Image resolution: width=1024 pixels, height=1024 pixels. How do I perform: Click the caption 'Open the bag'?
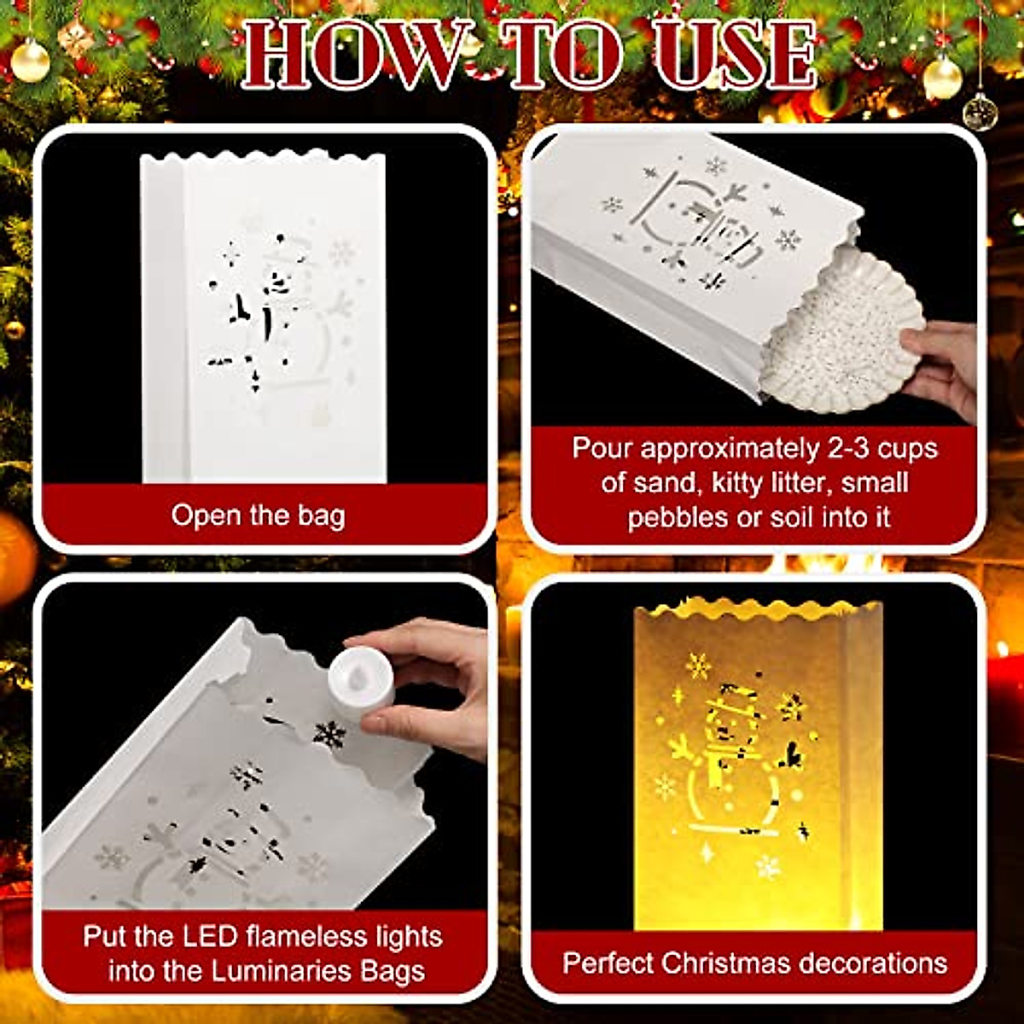pyautogui.click(x=258, y=515)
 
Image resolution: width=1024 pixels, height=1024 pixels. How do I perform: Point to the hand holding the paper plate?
pyautogui.click(x=943, y=363)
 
